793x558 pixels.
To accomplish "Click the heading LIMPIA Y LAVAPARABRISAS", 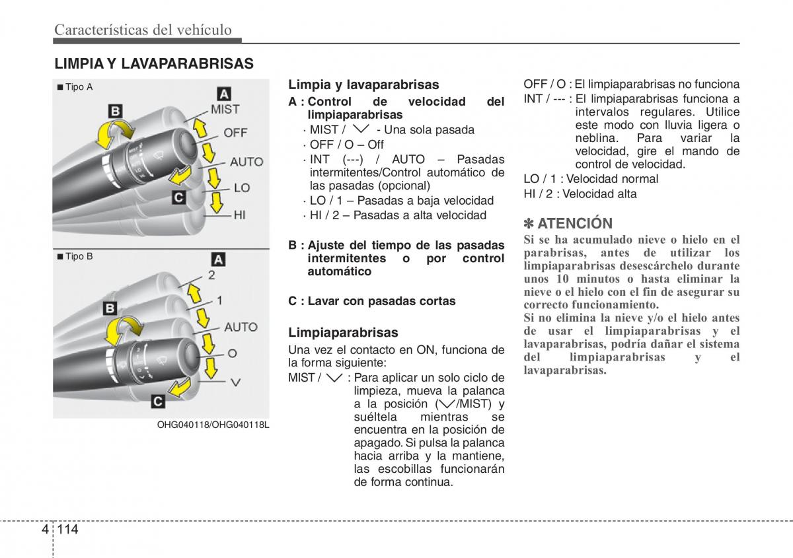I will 154,63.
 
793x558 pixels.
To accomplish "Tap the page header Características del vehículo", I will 143,29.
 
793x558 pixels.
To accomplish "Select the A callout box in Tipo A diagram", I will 224,94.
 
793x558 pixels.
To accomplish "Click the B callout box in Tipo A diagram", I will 116,110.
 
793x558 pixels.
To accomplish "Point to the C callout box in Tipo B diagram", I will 159,400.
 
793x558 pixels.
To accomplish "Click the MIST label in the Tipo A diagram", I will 225,110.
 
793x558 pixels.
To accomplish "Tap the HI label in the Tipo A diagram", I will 239,214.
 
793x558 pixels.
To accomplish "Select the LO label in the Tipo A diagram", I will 242,188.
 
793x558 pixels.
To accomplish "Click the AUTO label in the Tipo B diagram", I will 241,327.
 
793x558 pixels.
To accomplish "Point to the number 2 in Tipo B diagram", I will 211,275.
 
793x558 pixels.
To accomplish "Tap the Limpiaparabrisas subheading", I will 343,333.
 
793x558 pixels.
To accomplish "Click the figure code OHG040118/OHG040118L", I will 213,425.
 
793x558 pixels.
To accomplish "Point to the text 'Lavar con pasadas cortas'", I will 381,301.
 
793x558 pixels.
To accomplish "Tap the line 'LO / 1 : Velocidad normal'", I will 591,179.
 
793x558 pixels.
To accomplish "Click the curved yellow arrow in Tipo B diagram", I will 125,329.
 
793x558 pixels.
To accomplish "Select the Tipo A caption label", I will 77,87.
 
